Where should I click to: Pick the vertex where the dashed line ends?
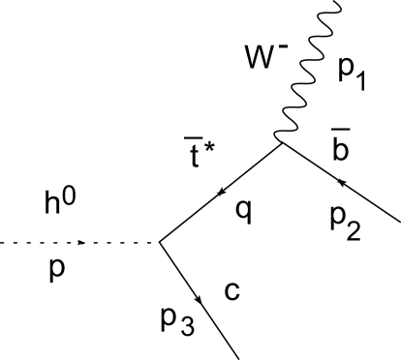158,242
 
